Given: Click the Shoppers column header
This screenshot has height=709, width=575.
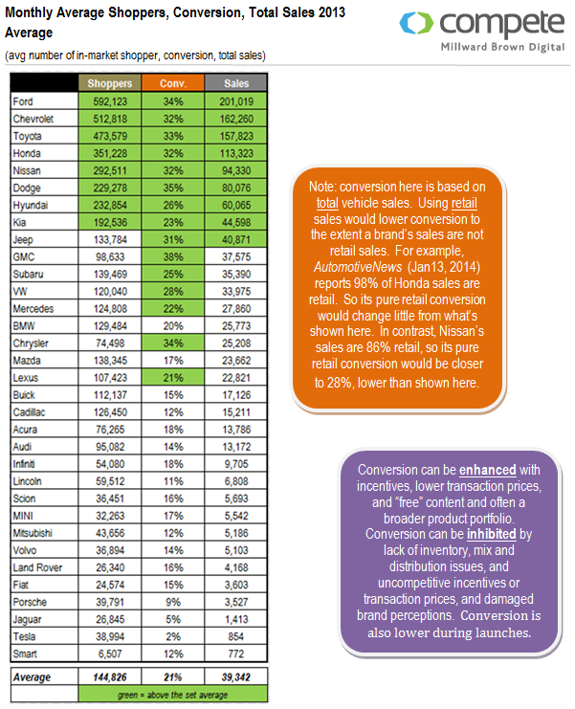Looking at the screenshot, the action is point(110,83).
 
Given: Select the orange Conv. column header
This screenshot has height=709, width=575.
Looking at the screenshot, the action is point(172,83).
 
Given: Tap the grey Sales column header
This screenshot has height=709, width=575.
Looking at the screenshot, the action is point(236,83).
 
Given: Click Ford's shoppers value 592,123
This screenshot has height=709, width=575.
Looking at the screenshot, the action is point(110,101).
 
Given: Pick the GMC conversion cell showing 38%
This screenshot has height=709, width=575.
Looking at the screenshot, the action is point(172,256).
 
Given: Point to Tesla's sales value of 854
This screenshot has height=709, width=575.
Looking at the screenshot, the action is point(236,636).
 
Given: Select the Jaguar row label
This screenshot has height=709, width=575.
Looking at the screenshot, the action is point(27,619).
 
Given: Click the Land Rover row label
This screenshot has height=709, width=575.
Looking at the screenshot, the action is point(37,567).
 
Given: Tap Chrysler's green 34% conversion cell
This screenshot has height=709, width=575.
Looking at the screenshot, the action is point(172,343).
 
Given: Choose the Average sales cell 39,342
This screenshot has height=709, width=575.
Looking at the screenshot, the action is point(236,676).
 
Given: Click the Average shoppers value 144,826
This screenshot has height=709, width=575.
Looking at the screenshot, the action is point(110,676).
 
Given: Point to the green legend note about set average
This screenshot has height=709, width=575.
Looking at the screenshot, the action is point(172,695).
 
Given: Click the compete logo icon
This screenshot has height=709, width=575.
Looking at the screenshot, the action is point(416,23).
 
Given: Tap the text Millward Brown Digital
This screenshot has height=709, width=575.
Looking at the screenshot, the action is point(502,47).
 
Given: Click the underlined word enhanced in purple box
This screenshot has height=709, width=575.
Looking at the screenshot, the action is point(487,470).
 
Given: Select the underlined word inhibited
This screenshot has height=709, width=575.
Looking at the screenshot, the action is point(492,534).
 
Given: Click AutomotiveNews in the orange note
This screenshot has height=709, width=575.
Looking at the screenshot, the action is point(358,267).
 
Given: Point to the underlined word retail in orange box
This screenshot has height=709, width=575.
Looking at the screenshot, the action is point(464,203).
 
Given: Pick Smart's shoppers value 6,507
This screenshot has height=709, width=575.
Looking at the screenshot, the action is point(110,654).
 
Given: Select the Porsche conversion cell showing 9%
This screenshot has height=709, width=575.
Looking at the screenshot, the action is point(172,602).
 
